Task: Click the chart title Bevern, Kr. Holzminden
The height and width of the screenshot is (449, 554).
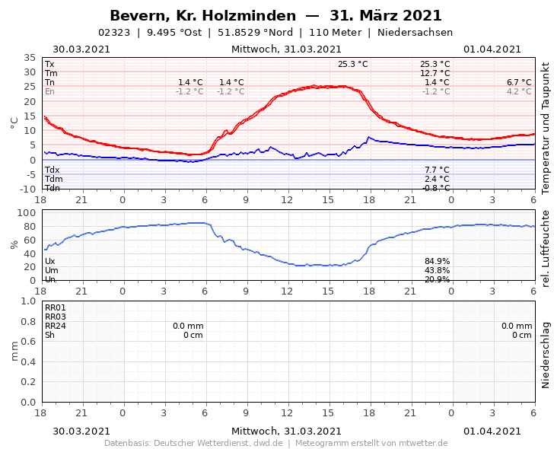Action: (x=202, y=16)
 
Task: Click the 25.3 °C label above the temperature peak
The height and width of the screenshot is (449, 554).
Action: (x=352, y=65)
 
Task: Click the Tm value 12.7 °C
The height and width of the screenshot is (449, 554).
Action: (x=435, y=74)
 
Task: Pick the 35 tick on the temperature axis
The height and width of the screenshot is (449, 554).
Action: (x=30, y=58)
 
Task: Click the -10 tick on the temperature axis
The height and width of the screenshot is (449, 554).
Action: (x=27, y=189)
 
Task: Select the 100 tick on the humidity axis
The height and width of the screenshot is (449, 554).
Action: (x=27, y=212)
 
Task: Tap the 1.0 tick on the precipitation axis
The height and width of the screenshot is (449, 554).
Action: (x=28, y=301)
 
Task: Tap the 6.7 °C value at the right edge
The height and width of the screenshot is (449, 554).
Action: (x=519, y=83)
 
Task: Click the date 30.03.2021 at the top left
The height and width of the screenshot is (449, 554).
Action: (x=81, y=49)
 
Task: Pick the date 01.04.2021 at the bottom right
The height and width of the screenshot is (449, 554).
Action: (x=492, y=431)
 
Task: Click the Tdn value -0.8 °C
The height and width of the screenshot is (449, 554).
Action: (x=435, y=188)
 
